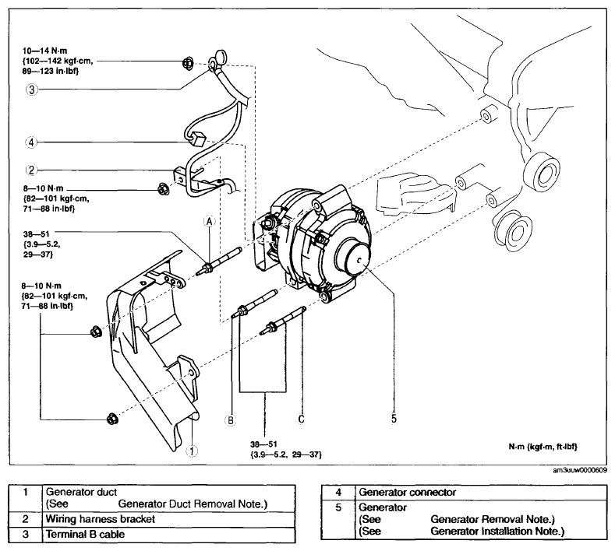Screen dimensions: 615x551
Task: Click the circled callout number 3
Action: click(31, 89)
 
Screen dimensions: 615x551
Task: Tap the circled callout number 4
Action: click(31, 142)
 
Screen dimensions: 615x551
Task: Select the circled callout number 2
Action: click(31, 170)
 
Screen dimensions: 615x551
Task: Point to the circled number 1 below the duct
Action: click(192, 451)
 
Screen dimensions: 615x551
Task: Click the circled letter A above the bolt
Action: click(210, 222)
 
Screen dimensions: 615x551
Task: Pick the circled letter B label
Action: click(231, 420)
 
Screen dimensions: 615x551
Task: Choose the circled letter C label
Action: click(301, 419)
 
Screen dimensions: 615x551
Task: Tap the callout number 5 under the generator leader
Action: click(394, 419)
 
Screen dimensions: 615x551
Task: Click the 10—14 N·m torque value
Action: click(44, 51)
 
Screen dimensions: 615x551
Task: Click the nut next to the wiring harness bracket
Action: click(163, 189)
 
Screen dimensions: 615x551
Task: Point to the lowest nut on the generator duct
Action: click(111, 419)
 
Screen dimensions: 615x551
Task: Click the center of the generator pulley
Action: click(360, 260)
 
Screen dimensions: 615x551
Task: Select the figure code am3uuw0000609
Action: click(580, 470)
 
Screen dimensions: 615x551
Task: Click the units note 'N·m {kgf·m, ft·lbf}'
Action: click(543, 447)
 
